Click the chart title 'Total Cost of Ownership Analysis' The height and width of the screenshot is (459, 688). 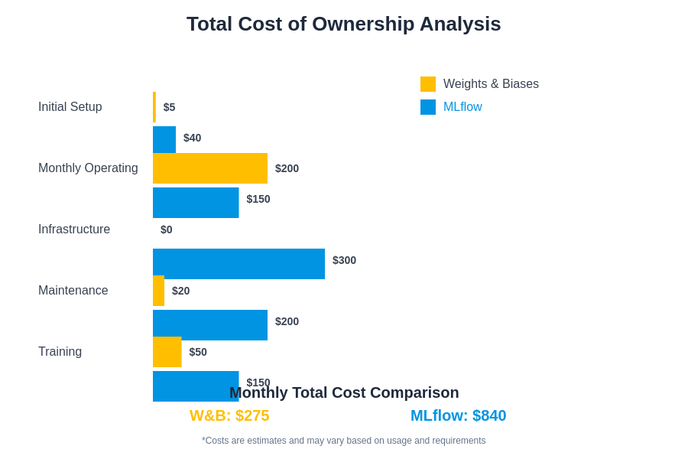pyautogui.click(x=343, y=24)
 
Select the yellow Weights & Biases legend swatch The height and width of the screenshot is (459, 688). pyautogui.click(x=428, y=84)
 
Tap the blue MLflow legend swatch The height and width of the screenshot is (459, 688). pyautogui.click(x=428, y=107)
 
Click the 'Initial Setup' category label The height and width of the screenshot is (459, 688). pyautogui.click(x=70, y=107)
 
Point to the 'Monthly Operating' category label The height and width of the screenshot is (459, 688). pyautogui.click(x=88, y=168)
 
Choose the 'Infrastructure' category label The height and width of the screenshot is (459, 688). pyautogui.click(x=74, y=229)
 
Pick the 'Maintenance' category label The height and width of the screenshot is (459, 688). pyautogui.click(x=73, y=291)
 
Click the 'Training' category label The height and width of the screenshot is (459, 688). pyautogui.click(x=60, y=352)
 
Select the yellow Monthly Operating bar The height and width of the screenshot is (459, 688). pyautogui.click(x=210, y=168)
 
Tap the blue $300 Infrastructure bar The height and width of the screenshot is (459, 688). pyautogui.click(x=239, y=263)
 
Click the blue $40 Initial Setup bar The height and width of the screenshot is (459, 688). pyautogui.click(x=164, y=139)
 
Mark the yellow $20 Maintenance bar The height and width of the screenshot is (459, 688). pyautogui.click(x=158, y=291)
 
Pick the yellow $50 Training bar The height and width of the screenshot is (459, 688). pyautogui.click(x=167, y=352)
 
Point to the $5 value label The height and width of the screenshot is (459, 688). pyautogui.click(x=169, y=107)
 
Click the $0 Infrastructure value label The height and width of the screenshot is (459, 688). pyautogui.click(x=166, y=229)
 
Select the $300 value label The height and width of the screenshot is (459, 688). pyautogui.click(x=344, y=260)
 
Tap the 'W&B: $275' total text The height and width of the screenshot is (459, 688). pyautogui.click(x=229, y=415)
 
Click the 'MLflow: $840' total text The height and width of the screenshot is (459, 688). pyautogui.click(x=458, y=415)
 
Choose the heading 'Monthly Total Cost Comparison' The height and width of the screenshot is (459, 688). pyautogui.click(x=344, y=392)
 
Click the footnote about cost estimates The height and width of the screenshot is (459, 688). pyautogui.click(x=343, y=441)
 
